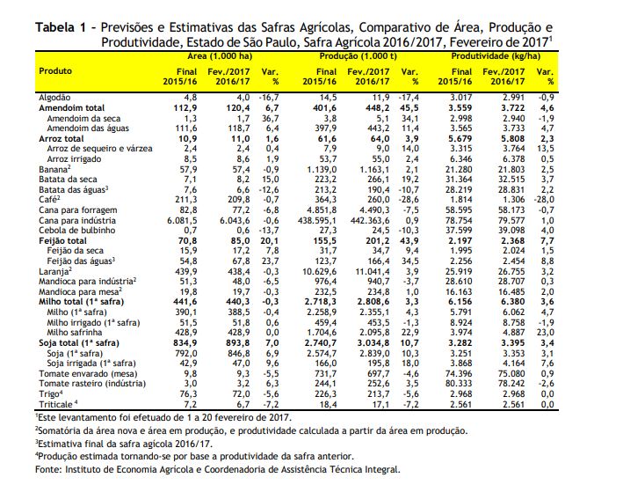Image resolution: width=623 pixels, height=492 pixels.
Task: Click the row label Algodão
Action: click(x=54, y=98)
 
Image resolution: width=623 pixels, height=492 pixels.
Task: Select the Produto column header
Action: click(x=55, y=71)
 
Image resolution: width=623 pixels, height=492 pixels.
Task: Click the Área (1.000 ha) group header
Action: click(x=220, y=56)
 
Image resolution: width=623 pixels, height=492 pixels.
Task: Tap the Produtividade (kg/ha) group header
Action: click(x=496, y=56)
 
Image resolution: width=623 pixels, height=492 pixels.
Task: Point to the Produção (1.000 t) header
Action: click(x=358, y=56)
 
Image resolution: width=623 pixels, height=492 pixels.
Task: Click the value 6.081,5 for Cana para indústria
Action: click(x=182, y=221)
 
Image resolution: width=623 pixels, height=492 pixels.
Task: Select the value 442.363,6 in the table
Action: click(x=370, y=221)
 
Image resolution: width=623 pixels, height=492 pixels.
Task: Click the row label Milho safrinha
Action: click(x=75, y=333)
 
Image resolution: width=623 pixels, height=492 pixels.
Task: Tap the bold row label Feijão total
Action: click(x=62, y=241)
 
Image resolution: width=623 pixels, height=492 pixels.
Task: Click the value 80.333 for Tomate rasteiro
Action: click(x=459, y=384)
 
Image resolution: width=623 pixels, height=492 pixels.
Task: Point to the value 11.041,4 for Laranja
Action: click(x=373, y=271)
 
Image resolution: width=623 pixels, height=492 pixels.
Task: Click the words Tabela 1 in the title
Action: click(x=61, y=27)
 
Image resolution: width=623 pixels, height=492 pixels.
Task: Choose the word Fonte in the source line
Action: click(x=48, y=469)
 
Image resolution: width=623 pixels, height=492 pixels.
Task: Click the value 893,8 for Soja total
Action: click(x=239, y=342)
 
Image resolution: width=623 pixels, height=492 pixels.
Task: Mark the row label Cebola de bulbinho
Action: click(x=77, y=231)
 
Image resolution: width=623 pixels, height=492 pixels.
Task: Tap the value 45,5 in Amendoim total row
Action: click(x=409, y=108)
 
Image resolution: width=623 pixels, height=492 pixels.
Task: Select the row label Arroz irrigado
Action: click(x=74, y=159)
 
